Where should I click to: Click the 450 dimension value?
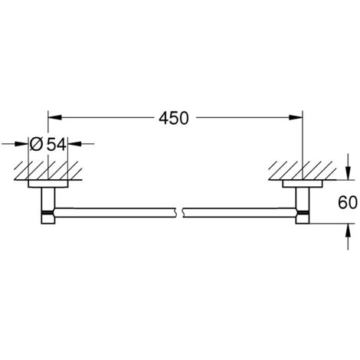174,118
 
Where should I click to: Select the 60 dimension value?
348,202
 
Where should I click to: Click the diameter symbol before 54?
35,144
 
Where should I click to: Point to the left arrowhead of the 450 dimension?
55,117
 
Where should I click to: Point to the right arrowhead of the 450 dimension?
296,117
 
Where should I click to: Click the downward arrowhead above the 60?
348,173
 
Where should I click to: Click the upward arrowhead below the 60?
348,231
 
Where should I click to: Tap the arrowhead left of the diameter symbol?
21,144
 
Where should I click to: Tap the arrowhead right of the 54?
74,144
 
